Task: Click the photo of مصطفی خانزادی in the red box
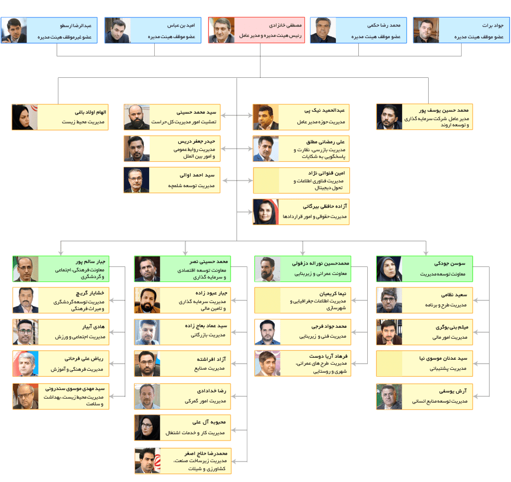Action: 222,30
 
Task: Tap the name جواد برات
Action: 493,25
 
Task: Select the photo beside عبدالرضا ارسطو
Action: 14,30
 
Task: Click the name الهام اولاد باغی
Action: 91,112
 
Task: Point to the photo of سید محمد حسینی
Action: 137,117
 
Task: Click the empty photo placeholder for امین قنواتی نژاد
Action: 266,181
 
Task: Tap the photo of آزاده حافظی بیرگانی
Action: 266,212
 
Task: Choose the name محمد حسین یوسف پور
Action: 444,110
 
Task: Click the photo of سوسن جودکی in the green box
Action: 389,269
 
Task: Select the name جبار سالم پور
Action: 90,261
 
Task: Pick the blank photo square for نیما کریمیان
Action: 267,300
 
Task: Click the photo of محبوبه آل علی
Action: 147,428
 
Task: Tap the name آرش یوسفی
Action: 453,391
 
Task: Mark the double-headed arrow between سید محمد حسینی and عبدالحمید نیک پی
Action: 237,115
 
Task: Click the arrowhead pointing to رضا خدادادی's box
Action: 234,396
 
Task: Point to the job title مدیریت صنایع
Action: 210,369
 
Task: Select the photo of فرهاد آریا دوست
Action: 267,363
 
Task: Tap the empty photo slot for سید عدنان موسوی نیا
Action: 389,364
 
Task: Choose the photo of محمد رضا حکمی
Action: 323,30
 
